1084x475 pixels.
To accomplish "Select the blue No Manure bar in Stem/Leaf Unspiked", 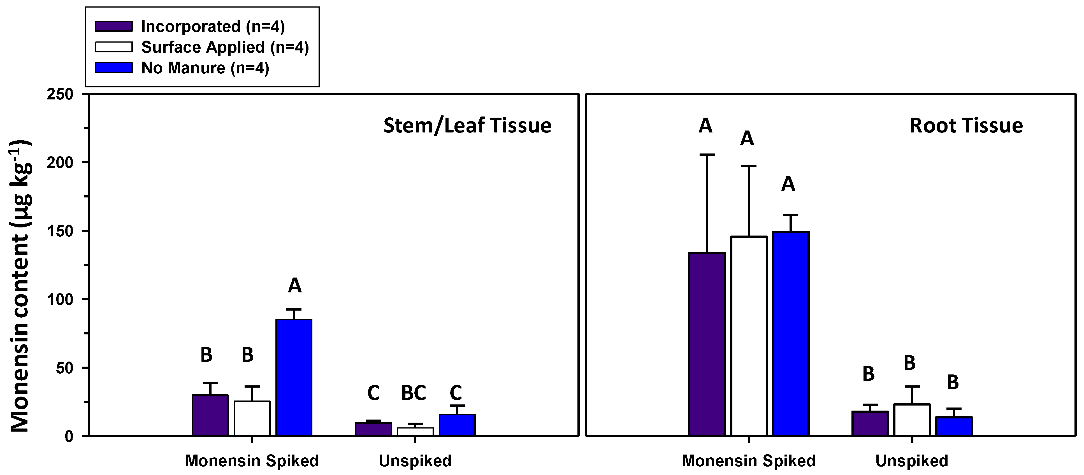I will click(457, 425).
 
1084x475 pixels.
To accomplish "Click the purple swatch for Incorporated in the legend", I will click(114, 26).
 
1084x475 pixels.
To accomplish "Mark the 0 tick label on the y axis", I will click(69, 437).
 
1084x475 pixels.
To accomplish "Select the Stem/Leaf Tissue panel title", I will click(467, 126).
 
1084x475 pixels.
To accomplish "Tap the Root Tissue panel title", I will click(966, 126).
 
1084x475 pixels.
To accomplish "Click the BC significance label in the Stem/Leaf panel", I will click(414, 393).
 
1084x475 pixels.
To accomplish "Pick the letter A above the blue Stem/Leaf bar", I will click(294, 286).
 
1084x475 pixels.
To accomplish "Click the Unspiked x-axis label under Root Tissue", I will click(911, 461).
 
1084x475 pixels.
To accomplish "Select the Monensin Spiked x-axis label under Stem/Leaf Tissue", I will click(252, 461).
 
